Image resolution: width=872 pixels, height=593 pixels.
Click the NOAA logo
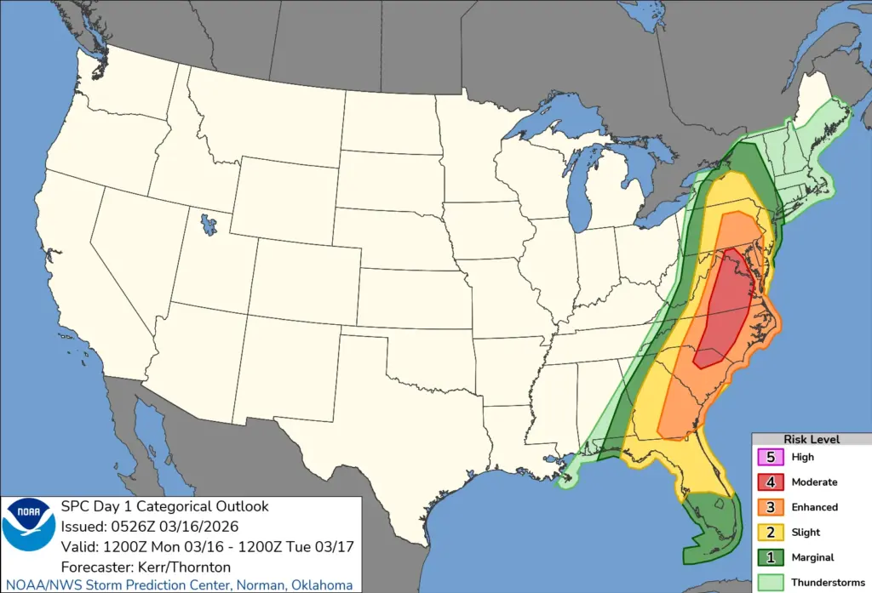click(x=29, y=526)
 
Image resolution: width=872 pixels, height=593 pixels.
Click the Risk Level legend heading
click(x=812, y=439)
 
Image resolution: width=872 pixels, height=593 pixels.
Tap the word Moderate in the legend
click(x=814, y=482)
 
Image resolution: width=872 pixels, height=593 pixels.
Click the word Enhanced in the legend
click(x=815, y=507)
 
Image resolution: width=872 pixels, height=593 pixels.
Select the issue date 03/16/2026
click(x=204, y=526)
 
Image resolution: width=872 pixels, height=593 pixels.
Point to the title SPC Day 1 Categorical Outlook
click(x=164, y=506)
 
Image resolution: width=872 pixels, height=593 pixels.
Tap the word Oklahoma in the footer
click(x=324, y=585)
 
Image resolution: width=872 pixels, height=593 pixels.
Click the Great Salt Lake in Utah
click(x=207, y=226)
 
